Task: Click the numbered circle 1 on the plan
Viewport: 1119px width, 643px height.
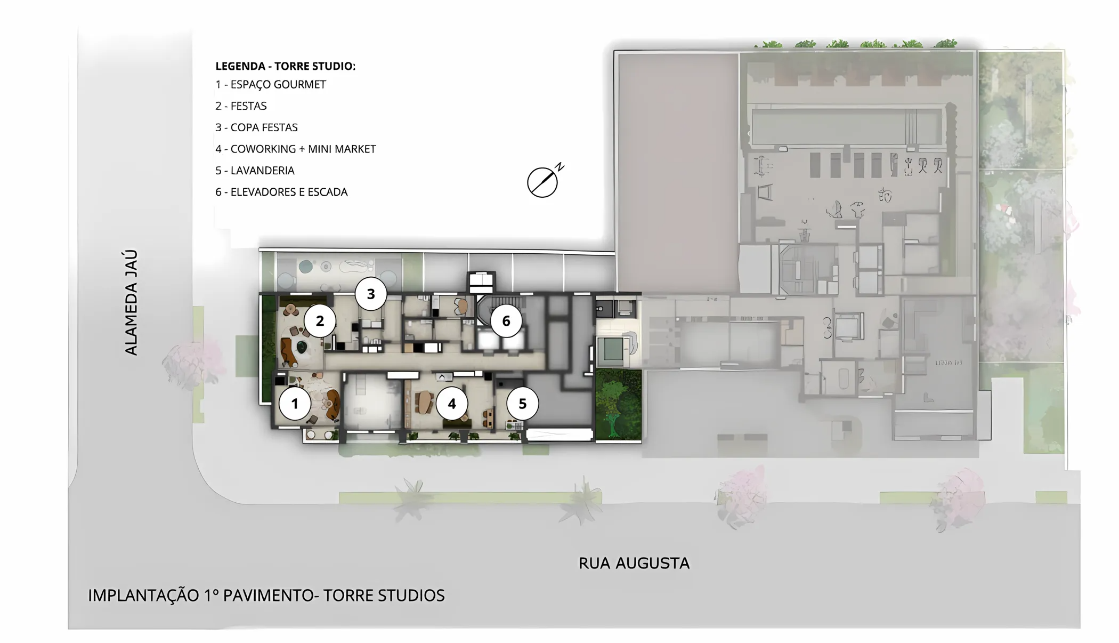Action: tap(295, 404)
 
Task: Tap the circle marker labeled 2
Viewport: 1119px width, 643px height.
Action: tap(320, 321)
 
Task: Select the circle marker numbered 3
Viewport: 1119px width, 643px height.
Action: tap(371, 294)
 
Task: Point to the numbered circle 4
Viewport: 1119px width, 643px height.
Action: tap(452, 404)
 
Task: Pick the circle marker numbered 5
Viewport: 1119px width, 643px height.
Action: tap(522, 404)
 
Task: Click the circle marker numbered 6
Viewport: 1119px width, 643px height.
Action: tap(506, 321)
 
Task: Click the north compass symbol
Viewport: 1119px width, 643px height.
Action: tap(544, 181)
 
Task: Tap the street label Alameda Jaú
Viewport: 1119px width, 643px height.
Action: tap(131, 302)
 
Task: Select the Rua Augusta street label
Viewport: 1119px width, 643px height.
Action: tap(634, 563)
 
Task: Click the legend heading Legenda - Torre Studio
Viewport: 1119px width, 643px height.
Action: tap(285, 66)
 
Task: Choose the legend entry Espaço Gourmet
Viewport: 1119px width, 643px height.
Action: tap(271, 85)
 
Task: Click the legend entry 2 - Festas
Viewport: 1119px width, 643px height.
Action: tap(241, 106)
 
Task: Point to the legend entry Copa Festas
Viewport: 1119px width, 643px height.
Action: tap(256, 127)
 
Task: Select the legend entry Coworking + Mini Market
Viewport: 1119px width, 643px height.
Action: tap(296, 149)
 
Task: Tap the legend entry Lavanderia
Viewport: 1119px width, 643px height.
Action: tap(255, 171)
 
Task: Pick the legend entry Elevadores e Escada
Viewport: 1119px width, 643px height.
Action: tap(281, 192)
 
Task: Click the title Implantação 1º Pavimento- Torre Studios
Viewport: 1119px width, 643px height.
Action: tap(266, 596)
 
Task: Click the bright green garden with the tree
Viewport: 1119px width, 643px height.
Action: tap(618, 405)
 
